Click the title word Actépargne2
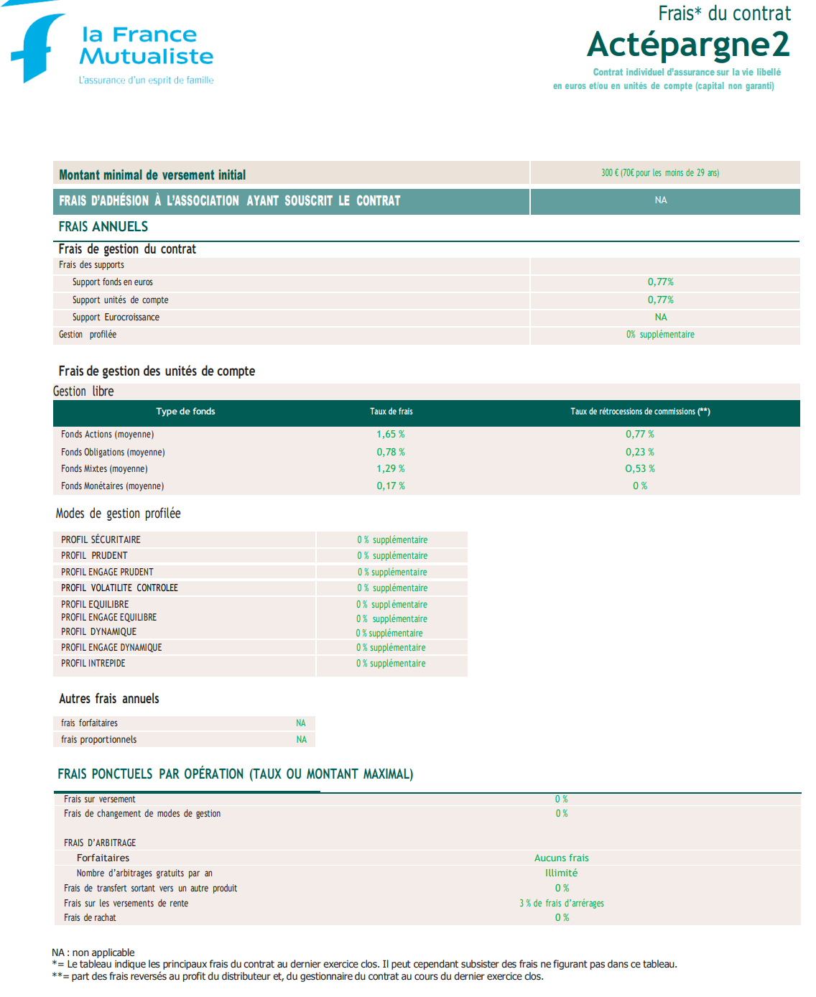(x=688, y=45)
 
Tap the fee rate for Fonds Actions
(x=391, y=435)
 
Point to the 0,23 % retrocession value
(x=639, y=453)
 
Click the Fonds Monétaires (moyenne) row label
(x=112, y=486)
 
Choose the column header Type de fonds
(x=185, y=412)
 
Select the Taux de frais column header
(x=391, y=412)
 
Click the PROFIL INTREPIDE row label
(x=93, y=664)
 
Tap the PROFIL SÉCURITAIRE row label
(x=101, y=540)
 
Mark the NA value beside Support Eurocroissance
(x=661, y=317)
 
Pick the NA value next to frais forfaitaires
(x=301, y=723)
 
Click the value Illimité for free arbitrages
(x=561, y=873)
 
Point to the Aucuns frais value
(x=561, y=858)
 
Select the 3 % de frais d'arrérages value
(x=561, y=904)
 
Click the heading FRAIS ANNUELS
(x=103, y=227)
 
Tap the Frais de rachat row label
(x=90, y=918)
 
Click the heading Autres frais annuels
(x=109, y=699)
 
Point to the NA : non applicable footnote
(x=93, y=952)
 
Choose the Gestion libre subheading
(x=83, y=391)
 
